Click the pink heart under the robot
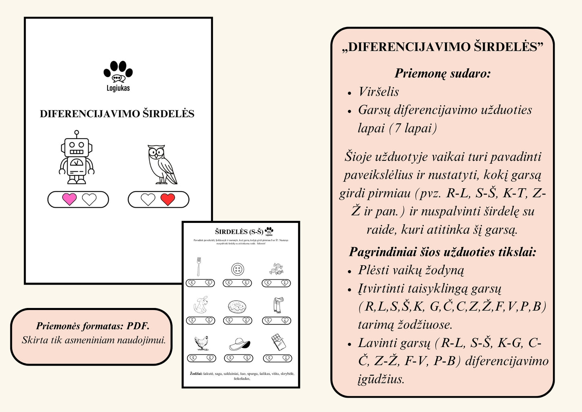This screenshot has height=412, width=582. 69,199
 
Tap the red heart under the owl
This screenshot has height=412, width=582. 168,199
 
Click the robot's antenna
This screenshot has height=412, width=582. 77,133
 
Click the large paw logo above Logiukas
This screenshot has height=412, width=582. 118,71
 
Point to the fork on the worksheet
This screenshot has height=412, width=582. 199,266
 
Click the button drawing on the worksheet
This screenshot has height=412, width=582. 238,269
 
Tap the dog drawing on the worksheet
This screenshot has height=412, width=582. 201,305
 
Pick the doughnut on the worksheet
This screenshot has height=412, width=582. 238,307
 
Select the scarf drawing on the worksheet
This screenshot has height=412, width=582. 278,305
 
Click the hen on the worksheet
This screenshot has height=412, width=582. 201,343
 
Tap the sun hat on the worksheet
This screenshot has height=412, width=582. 239,344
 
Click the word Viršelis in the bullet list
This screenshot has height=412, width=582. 379,92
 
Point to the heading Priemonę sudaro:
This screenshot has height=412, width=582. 443,73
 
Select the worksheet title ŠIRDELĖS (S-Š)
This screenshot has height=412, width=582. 239,232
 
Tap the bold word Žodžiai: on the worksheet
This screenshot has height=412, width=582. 196,374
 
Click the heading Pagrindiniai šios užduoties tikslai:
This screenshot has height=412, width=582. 443,252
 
